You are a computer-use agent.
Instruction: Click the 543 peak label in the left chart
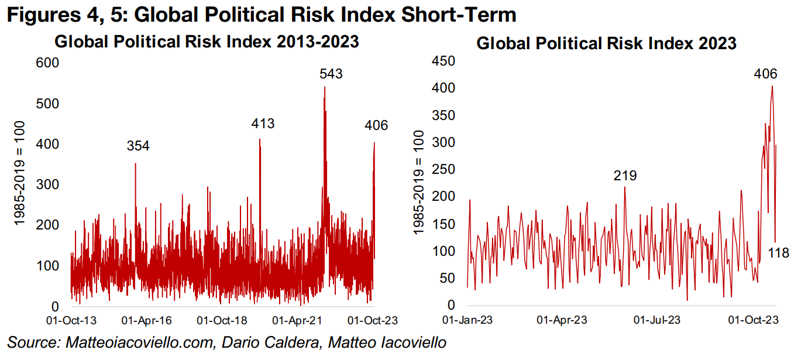click(331, 74)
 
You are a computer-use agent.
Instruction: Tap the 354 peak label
click(138, 146)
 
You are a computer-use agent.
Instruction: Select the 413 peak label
click(263, 124)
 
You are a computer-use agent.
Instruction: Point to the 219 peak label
click(625, 176)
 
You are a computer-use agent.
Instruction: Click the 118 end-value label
click(778, 253)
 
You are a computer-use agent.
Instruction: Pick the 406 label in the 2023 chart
click(765, 74)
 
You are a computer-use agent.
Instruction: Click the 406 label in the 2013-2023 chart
click(376, 125)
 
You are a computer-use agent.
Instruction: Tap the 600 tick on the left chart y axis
click(48, 63)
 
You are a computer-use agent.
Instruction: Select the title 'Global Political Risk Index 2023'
click(606, 43)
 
